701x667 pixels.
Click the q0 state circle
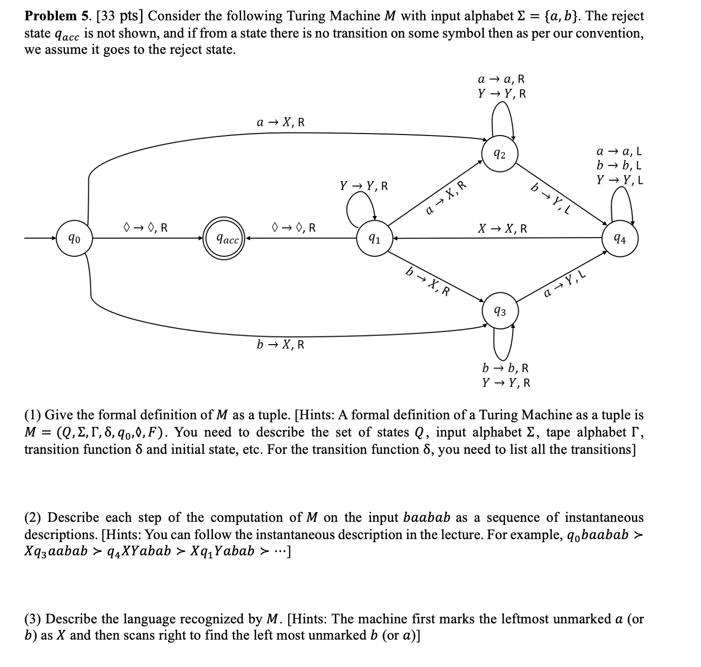coord(75,238)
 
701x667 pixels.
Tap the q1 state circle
coord(375,239)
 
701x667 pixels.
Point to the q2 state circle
coord(500,154)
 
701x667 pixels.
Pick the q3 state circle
coord(500,311)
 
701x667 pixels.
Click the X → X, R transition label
coord(502,228)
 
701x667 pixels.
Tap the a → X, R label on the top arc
coord(281,122)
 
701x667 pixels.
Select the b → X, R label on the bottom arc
coord(281,345)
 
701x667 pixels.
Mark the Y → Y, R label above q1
coord(364,186)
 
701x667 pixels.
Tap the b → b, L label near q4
coord(619,165)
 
